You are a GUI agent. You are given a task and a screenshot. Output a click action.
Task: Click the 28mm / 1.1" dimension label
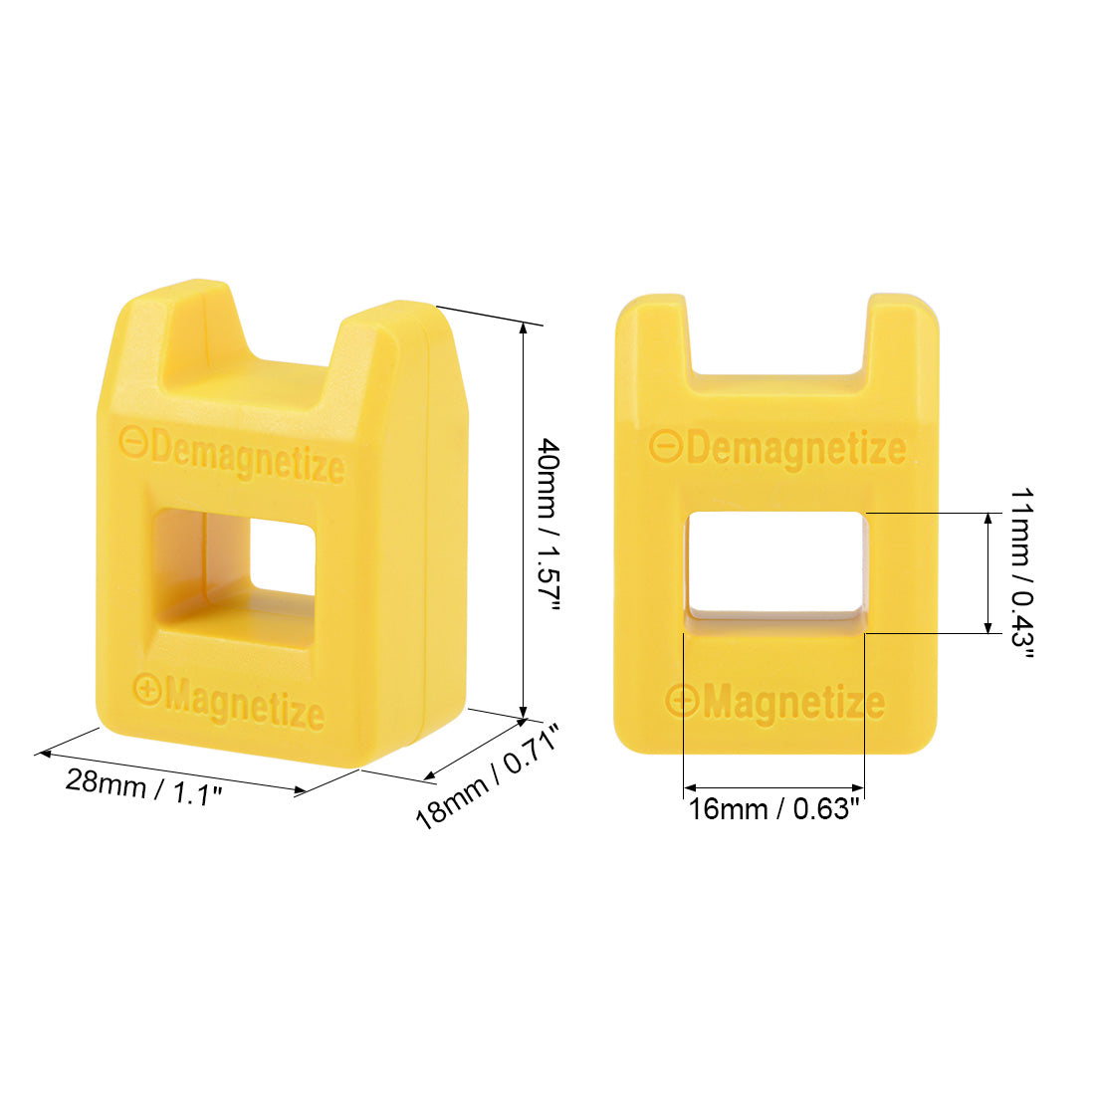(143, 787)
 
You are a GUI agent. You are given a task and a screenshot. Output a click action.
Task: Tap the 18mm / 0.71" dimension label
(488, 777)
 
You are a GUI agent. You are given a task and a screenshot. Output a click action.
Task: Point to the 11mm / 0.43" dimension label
(1021, 573)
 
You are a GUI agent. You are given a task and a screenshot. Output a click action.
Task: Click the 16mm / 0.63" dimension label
(773, 809)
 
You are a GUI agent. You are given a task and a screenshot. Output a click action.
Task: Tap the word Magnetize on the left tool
(245, 705)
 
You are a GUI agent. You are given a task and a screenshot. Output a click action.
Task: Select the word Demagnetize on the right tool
(795, 449)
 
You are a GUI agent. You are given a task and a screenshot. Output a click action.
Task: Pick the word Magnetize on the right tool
(793, 703)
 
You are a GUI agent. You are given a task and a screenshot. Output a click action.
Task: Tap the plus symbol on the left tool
(147, 688)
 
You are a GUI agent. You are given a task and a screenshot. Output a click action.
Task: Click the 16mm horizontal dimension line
(773, 788)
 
